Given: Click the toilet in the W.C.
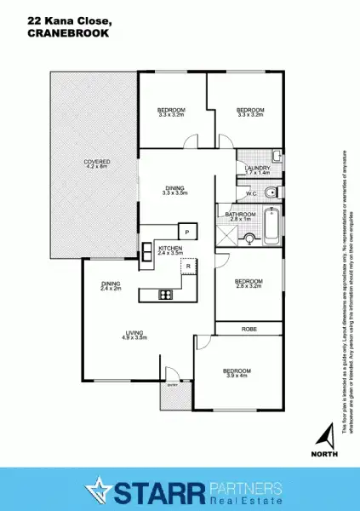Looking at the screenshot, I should click(x=268, y=192).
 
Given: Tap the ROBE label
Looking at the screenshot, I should click(x=249, y=328).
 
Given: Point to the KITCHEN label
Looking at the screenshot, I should click(x=170, y=248).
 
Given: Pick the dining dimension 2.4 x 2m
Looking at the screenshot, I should click(x=111, y=290).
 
